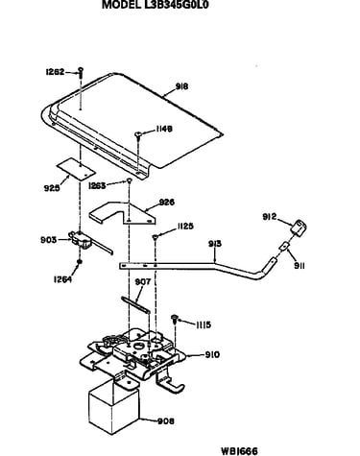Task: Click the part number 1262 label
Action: [55, 72]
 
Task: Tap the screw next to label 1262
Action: [81, 72]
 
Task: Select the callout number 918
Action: [181, 86]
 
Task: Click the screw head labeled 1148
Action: [138, 133]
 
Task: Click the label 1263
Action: [97, 185]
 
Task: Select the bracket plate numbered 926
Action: [123, 212]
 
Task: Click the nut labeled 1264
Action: [80, 262]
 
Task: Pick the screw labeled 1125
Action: [155, 237]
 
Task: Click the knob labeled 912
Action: [299, 228]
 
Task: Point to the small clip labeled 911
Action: [284, 246]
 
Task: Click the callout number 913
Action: [215, 244]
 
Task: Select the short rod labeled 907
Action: [135, 303]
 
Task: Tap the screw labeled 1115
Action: [175, 319]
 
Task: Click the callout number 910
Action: [212, 354]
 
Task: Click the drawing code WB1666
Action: [239, 451]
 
